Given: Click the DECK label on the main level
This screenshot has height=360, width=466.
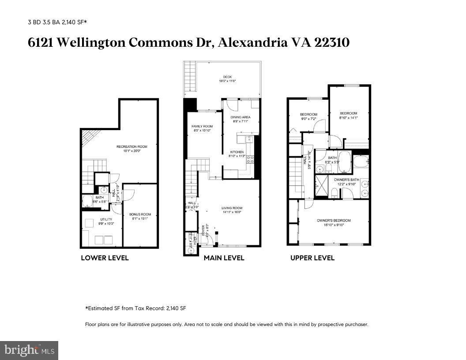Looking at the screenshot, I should pos(227,77).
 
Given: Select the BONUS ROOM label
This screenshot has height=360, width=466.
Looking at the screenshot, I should pos(140,214).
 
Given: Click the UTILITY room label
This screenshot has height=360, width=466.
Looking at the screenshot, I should pos(106,219).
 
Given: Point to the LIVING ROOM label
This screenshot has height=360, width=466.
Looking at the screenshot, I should pos(232,208).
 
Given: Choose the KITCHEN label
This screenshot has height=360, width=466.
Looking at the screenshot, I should pos(237,152).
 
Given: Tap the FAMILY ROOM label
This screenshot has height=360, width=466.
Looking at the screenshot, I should pos(202,127).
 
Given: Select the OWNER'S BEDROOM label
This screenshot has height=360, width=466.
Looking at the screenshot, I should pos(334,221).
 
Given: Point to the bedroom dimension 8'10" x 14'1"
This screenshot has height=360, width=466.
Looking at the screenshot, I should pos(348,118).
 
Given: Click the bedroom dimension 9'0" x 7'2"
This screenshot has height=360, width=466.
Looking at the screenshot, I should pos(308,119).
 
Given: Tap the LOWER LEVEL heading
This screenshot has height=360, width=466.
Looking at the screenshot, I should pos(105,258).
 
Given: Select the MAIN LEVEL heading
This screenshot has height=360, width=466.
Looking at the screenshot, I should pos(224,258).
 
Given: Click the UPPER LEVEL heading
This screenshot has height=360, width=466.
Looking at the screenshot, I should pos(312,258).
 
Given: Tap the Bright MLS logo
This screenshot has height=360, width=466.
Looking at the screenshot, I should pos(29,350).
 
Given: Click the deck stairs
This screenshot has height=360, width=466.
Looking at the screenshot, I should pos(189,78).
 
